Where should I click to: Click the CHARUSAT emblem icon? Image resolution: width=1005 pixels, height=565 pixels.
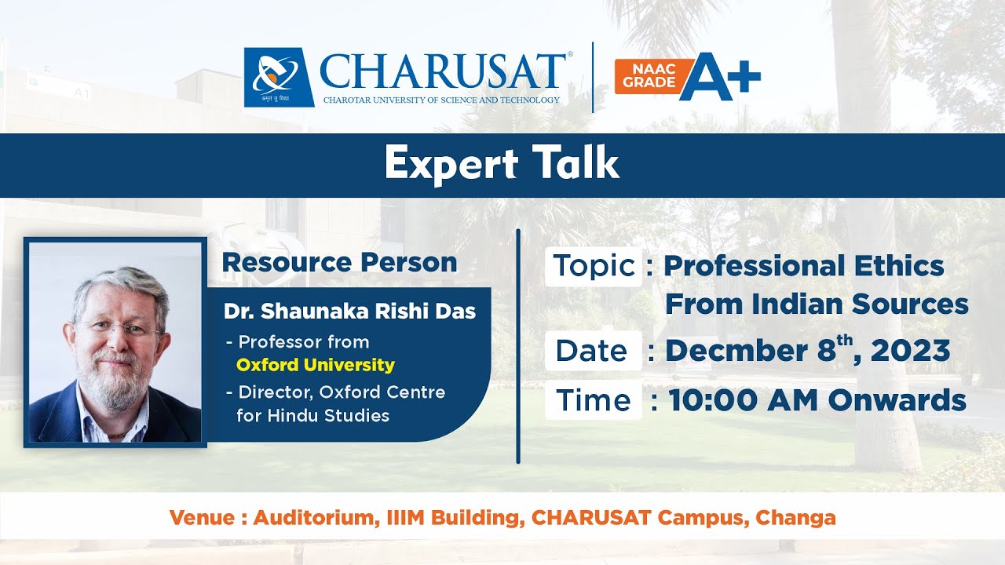278,77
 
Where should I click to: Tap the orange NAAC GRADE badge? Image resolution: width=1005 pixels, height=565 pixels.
645,77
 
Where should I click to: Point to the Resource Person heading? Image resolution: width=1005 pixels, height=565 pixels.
339,262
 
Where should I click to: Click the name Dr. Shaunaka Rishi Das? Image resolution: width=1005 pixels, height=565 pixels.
349,311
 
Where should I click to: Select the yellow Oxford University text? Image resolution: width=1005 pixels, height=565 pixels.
315,365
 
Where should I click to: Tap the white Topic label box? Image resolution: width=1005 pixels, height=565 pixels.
594,266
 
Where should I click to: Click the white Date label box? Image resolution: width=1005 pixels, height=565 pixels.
592,351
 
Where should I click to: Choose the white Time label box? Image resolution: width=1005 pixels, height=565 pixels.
593,400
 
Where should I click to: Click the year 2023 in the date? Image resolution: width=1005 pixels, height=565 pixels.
910,351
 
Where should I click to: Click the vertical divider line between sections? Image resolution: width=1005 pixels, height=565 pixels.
518,345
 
